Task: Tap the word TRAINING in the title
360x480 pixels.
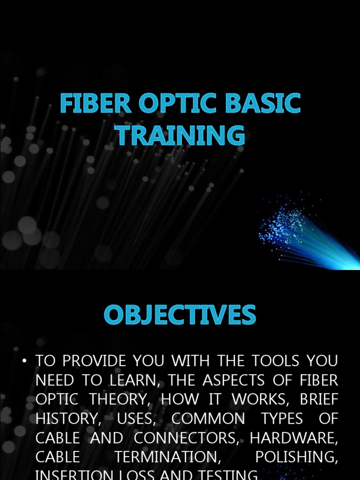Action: coord(180,135)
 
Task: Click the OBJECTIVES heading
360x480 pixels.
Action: coord(180,315)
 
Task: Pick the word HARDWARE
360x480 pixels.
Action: coord(293,438)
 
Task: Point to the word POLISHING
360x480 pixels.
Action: coord(296,457)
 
